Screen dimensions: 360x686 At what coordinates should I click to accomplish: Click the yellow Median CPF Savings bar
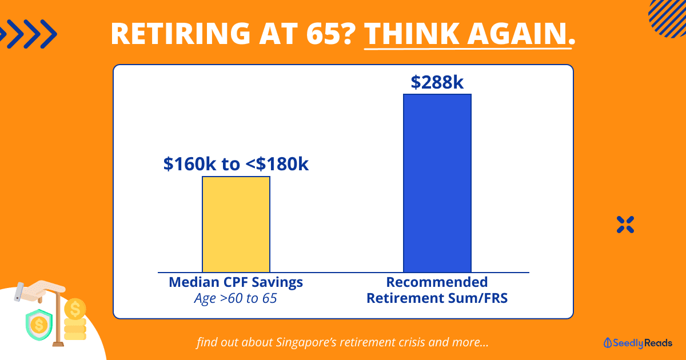pos(236,224)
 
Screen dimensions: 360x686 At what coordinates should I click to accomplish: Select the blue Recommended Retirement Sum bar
pos(437,183)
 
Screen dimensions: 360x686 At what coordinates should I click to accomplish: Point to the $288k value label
pos(437,82)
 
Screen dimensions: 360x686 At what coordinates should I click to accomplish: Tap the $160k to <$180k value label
pos(236,164)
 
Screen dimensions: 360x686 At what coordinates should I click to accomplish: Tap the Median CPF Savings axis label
pos(236,282)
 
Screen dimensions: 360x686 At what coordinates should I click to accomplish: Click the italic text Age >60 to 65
pos(236,298)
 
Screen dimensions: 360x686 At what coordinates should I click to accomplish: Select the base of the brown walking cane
pos(57,344)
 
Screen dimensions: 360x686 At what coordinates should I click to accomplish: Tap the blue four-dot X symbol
pos(625,225)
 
